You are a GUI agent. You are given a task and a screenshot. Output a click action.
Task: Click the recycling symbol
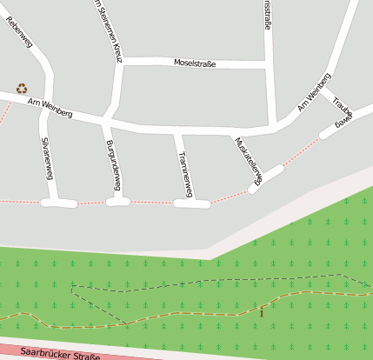pyautogui.click(x=22, y=88)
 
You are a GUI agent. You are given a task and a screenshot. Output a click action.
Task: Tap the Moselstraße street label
pyautogui.click(x=195, y=63)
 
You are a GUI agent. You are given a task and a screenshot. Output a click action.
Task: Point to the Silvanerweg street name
pyautogui.click(x=48, y=158)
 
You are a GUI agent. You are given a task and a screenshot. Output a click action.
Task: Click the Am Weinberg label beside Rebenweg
pyautogui.click(x=50, y=104)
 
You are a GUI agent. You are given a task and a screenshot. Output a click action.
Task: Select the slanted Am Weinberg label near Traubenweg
pyautogui.click(x=314, y=92)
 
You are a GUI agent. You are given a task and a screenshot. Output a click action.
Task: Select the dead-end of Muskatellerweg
pyautogui.click(x=254, y=187)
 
